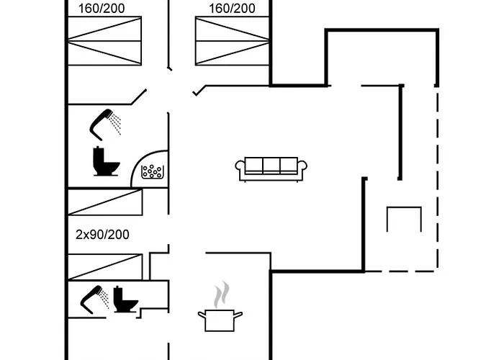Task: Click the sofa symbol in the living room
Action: (x=271, y=169)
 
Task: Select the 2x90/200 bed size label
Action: (x=102, y=235)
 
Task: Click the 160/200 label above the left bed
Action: (x=102, y=9)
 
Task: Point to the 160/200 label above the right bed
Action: (x=232, y=9)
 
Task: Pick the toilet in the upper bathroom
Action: (x=106, y=161)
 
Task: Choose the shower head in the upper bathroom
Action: (x=101, y=125)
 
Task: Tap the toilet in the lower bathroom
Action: (x=125, y=300)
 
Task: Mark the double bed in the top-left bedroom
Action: (x=105, y=41)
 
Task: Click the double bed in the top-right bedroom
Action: (x=232, y=41)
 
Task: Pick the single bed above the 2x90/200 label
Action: (x=105, y=202)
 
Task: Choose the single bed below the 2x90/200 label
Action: (x=105, y=267)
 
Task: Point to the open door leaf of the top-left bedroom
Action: (x=138, y=97)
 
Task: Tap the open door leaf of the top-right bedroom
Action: (x=199, y=91)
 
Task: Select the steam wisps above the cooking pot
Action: (x=222, y=294)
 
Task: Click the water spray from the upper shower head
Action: (x=114, y=123)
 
